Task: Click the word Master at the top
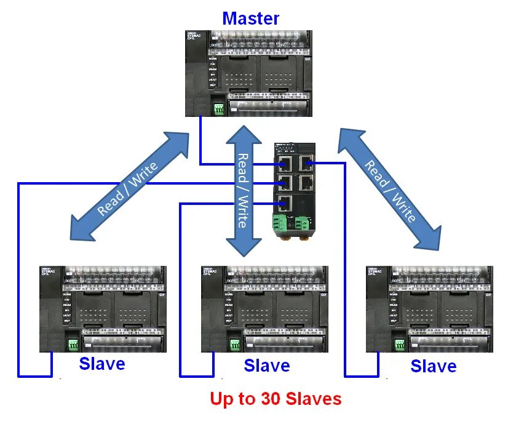click(250, 18)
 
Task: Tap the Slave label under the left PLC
click(101, 364)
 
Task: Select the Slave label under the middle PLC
click(266, 366)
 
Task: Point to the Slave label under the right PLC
click(433, 367)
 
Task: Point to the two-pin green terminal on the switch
click(303, 222)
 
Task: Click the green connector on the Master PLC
click(218, 109)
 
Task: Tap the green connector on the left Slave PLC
click(73, 345)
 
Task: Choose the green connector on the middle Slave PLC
click(234, 345)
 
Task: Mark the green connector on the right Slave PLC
click(399, 345)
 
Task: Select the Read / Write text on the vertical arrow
click(244, 191)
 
